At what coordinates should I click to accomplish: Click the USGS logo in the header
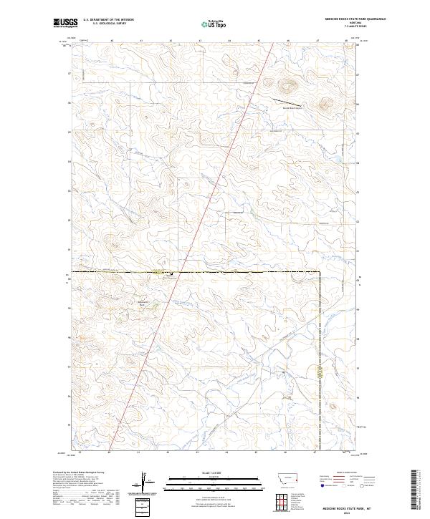point(66,23)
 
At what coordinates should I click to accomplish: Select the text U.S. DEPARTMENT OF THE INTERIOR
point(108,20)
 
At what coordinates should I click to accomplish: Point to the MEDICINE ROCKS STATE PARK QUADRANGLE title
point(334,19)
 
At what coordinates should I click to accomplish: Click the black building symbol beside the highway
point(171,273)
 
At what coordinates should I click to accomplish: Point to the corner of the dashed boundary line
point(319,272)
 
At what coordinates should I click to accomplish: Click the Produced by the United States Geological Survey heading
point(79,472)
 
